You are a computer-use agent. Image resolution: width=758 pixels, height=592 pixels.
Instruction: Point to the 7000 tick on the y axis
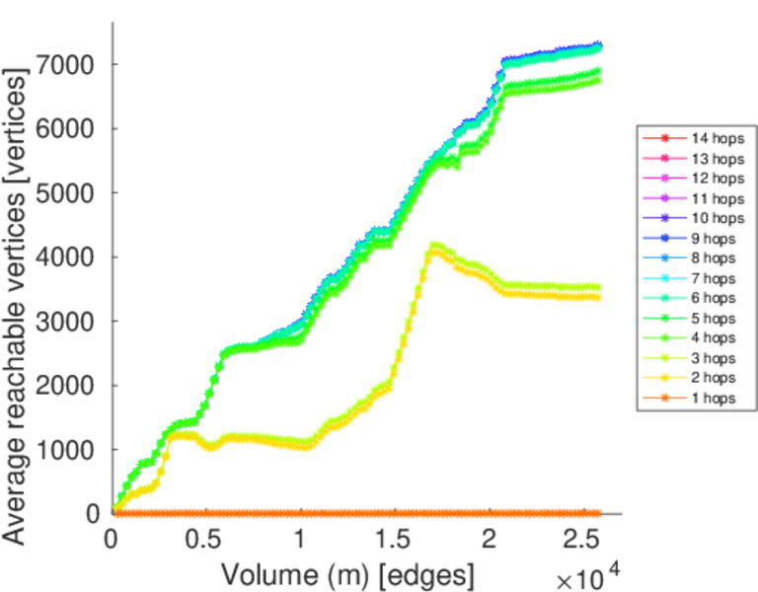tap(76, 65)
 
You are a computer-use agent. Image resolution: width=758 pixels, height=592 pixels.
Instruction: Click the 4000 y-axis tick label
tap(76, 258)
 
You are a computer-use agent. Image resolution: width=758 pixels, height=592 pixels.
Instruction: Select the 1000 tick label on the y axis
tap(76, 450)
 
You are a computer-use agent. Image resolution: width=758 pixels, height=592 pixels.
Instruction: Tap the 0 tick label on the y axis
tap(93, 514)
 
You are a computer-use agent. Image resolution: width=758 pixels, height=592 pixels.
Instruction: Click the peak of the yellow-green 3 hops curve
tap(434, 245)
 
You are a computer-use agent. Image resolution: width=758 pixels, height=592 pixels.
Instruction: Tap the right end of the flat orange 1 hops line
tap(599, 512)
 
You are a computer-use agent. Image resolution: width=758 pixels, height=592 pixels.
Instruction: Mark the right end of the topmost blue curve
tap(599, 44)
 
